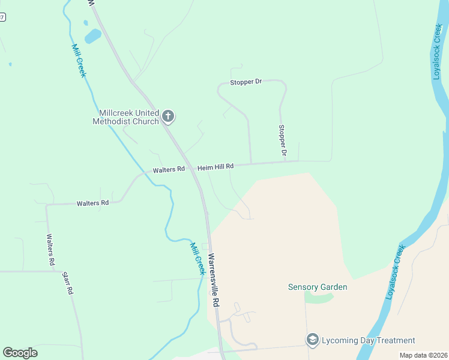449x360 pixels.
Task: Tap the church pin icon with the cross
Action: coord(169,116)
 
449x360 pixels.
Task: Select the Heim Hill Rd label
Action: coord(215,166)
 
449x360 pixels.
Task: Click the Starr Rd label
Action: coord(68,283)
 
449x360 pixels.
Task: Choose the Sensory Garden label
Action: coord(318,287)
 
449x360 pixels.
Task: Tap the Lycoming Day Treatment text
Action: coord(369,340)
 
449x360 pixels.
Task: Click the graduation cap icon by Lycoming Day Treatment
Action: coord(312,340)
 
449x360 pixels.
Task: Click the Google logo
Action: coord(20,352)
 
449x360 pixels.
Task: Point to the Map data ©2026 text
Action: coord(423,355)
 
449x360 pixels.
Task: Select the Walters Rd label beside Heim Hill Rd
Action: coord(168,170)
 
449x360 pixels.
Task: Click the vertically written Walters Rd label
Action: coord(50,250)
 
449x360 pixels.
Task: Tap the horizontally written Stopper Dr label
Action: coord(246,82)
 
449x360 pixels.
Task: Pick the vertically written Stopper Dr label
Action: coord(282,142)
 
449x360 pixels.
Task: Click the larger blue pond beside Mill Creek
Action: coord(92,37)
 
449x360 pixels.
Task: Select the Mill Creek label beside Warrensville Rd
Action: coord(197,258)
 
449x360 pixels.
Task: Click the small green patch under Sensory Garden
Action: coord(318,297)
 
